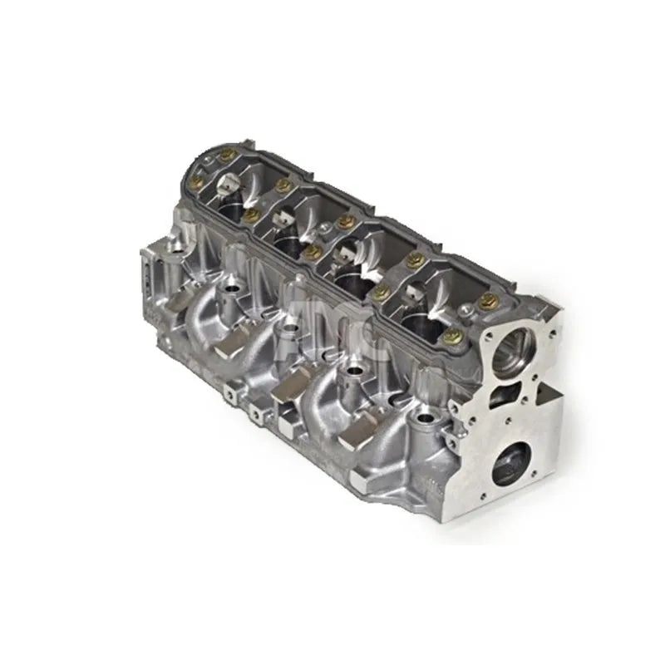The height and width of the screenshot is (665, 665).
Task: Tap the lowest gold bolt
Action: pyautogui.click(x=453, y=337)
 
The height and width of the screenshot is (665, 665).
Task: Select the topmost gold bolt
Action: pyautogui.click(x=224, y=154)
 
